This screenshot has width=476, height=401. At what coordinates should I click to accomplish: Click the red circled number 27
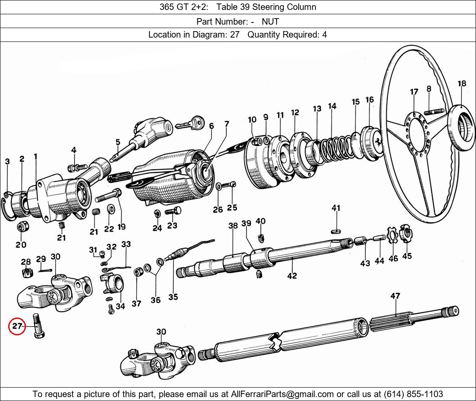tap(17, 327)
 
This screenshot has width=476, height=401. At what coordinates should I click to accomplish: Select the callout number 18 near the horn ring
tap(462, 83)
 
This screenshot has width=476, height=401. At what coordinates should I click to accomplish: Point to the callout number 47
tap(395, 296)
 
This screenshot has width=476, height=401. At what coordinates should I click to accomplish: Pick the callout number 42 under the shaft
tap(292, 276)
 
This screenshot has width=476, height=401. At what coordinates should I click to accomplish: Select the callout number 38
tap(233, 226)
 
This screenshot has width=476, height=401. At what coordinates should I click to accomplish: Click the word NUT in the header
tap(270, 21)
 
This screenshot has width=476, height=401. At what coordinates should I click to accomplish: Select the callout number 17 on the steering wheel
tap(414, 92)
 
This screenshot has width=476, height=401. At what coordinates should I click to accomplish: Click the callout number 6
tap(211, 126)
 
